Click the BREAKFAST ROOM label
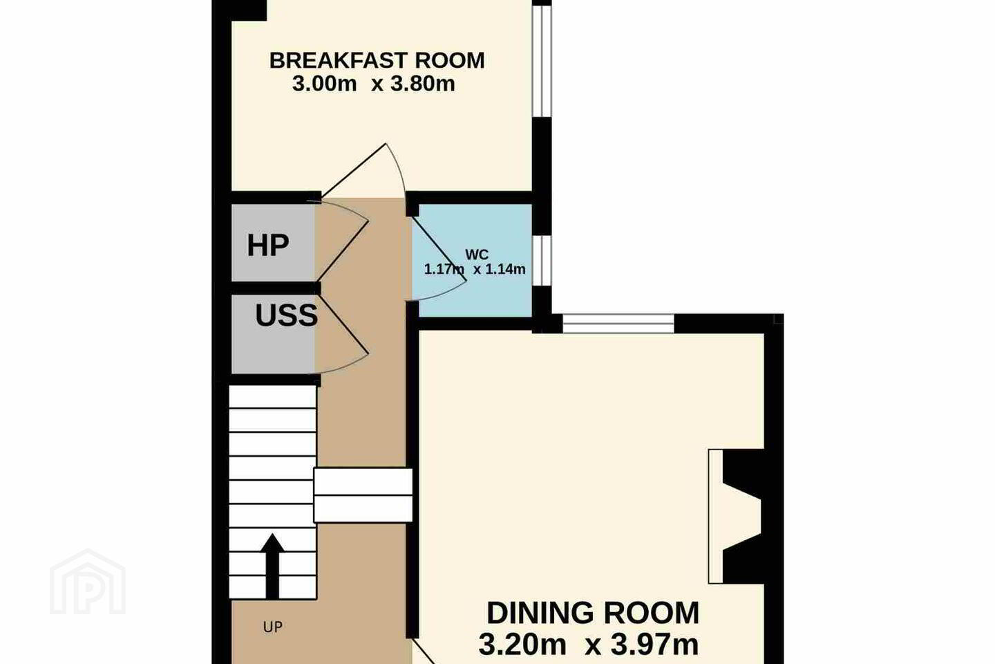coord(377,60)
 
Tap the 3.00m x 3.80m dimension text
coord(374,84)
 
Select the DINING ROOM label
coord(593,613)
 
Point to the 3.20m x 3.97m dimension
coord(589,645)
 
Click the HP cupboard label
coord(268,245)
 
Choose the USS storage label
coord(287,315)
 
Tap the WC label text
coord(477,255)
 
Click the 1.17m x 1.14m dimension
coord(475,269)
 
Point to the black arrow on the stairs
coord(272,566)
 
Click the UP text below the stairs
coord(273,627)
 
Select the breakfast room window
coord(542,61)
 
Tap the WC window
coord(542,260)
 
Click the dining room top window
coord(618,324)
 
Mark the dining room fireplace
coord(735,517)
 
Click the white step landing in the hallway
coord(363,495)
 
